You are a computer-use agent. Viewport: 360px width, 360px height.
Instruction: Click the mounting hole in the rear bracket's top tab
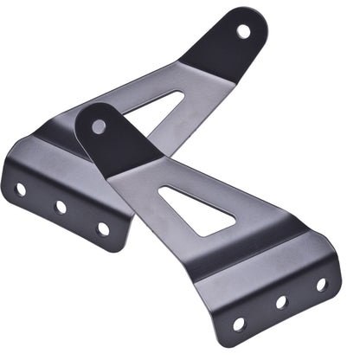[243, 32]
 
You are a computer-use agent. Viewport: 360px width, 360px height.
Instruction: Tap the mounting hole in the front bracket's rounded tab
[99, 126]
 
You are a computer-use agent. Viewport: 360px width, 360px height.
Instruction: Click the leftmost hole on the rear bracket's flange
[21, 189]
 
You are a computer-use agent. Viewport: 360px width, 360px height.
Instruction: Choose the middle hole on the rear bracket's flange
[61, 208]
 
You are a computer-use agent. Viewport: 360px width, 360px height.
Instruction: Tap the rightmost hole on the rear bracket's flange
[103, 228]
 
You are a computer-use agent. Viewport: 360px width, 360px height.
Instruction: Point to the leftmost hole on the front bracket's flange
[239, 325]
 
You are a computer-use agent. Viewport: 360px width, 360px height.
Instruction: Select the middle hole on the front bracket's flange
[280, 303]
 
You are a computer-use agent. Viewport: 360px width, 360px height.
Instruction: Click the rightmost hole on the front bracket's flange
[321, 284]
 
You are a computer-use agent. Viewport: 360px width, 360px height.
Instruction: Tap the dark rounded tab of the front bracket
[112, 138]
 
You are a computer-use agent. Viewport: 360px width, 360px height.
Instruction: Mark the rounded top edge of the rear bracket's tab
[251, 11]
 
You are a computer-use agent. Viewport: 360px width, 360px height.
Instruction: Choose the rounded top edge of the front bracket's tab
[92, 106]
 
